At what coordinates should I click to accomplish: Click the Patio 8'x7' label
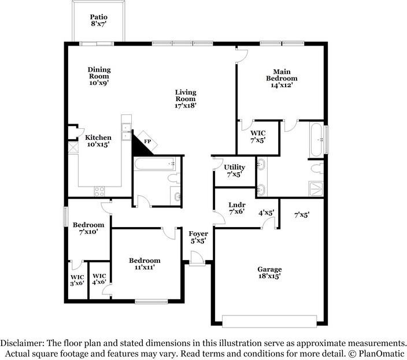[99, 21]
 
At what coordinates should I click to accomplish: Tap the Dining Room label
[99, 76]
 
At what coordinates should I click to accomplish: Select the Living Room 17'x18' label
[186, 99]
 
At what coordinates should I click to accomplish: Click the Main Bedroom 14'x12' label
[282, 78]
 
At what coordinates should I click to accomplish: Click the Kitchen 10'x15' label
[98, 141]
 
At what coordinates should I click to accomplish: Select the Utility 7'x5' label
[234, 170]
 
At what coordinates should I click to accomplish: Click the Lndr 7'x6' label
[237, 208]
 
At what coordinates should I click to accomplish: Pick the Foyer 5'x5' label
[198, 237]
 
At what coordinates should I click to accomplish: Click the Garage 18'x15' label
[269, 273]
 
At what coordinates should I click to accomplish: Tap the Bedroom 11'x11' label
[145, 264]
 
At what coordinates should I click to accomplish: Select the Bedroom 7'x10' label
[88, 228]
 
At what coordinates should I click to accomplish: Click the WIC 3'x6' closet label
[77, 280]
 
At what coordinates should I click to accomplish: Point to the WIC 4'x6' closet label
[99, 280]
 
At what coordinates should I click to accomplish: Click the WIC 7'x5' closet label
[258, 137]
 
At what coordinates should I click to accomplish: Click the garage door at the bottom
[269, 321]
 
